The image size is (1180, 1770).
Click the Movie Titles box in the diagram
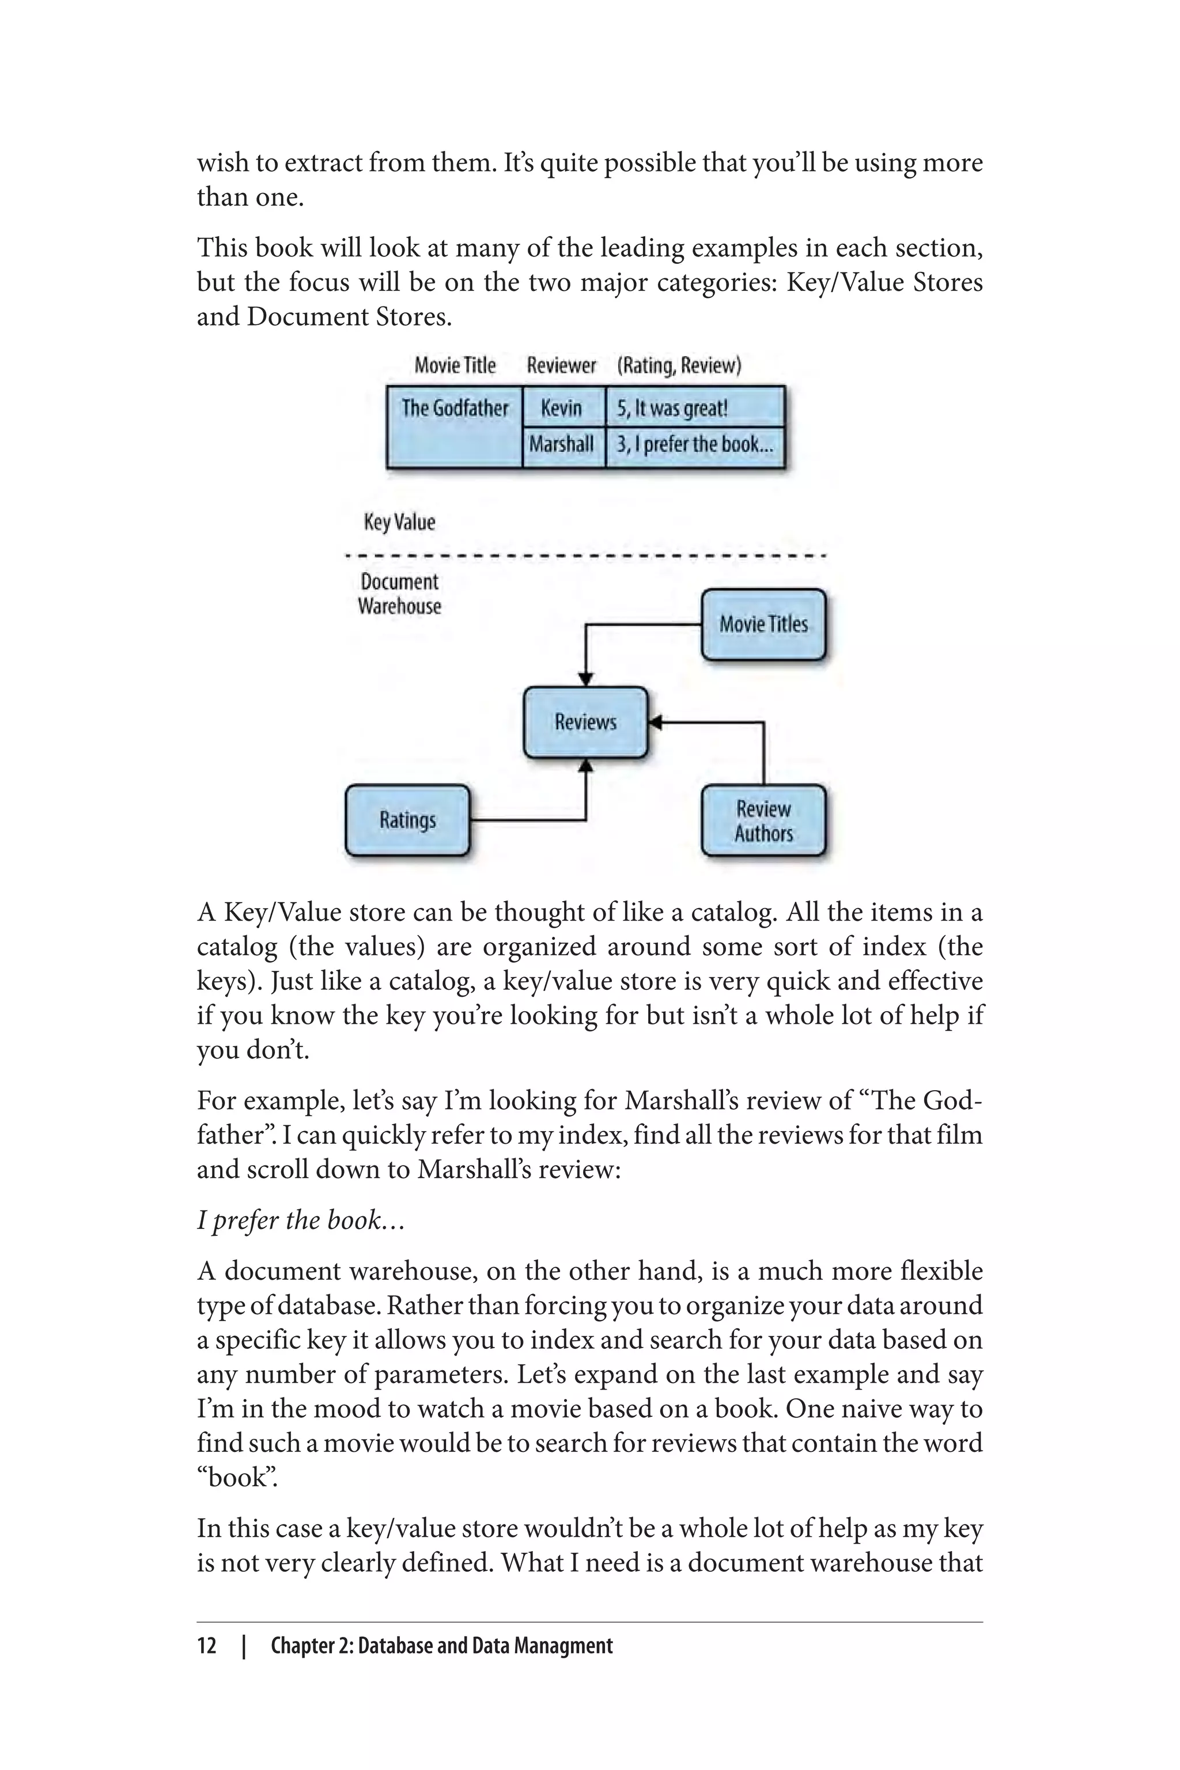tap(763, 625)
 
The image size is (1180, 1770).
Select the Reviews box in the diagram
tap(585, 723)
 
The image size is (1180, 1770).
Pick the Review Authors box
tap(763, 821)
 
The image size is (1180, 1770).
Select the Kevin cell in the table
tap(562, 409)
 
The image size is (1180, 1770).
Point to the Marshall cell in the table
tap(562, 444)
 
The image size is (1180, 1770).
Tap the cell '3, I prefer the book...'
tap(695, 444)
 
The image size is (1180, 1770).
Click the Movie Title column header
tap(455, 366)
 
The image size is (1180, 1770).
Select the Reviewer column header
tap(561, 366)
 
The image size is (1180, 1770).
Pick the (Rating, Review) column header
tap(679, 366)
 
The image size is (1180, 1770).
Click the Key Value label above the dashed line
tap(399, 522)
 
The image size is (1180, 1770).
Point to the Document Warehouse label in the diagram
tap(399, 595)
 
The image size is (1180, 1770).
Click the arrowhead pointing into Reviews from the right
tap(655, 723)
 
